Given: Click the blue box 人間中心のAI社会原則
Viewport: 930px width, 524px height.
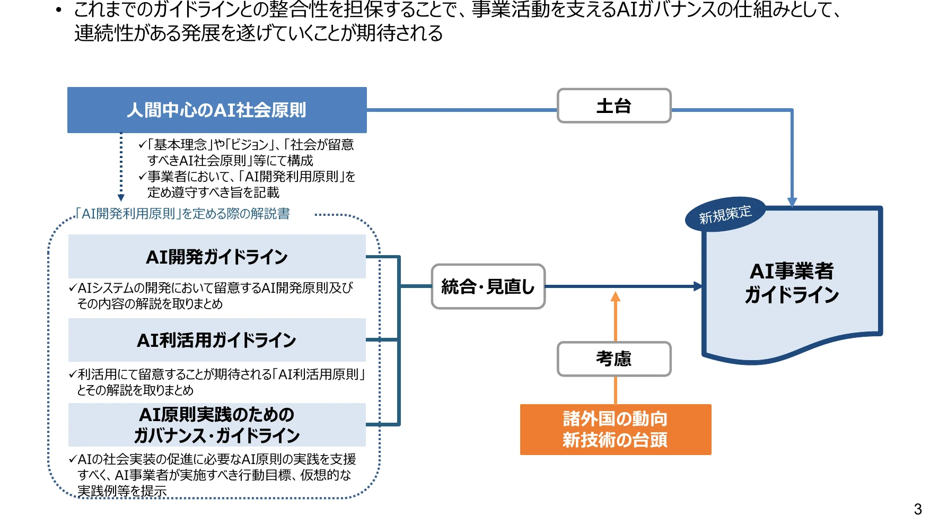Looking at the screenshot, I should pyautogui.click(x=217, y=110).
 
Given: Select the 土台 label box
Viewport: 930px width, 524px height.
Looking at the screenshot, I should pyautogui.click(x=614, y=106).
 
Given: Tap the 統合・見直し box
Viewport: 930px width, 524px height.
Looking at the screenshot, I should pyautogui.click(x=488, y=286).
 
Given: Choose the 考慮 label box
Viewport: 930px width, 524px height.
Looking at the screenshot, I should pyautogui.click(x=614, y=359).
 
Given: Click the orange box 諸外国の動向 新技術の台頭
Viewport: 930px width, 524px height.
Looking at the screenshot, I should pyautogui.click(x=615, y=430).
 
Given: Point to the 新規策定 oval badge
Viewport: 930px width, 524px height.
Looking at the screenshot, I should pyautogui.click(x=725, y=215).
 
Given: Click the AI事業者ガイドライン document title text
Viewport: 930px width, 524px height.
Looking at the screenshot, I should pyautogui.click(x=792, y=283).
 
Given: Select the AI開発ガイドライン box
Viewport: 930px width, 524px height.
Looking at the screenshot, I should pyautogui.click(x=217, y=257).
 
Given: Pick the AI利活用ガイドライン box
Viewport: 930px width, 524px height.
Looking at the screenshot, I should pyautogui.click(x=217, y=340).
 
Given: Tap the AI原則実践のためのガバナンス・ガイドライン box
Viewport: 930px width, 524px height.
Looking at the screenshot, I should pyautogui.click(x=217, y=425).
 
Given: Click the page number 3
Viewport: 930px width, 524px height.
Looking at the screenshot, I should pyautogui.click(x=918, y=509).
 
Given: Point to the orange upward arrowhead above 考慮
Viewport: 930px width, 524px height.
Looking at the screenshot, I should pyautogui.click(x=615, y=296).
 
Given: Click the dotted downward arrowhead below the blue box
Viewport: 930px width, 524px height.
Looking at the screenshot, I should pyautogui.click(x=121, y=197).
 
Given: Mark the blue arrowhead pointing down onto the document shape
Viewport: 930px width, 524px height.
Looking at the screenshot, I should pyautogui.click(x=792, y=202).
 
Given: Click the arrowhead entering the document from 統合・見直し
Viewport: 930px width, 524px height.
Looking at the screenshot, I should pyautogui.click(x=698, y=286).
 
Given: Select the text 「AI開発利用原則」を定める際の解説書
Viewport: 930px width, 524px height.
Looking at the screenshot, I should pyautogui.click(x=182, y=214).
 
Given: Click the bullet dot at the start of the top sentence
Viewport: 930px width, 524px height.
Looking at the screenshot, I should pyautogui.click(x=59, y=10).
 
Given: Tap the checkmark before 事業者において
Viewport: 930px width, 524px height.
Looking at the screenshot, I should pyautogui.click(x=142, y=177).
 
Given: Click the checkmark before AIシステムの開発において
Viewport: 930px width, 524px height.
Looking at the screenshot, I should pyautogui.click(x=73, y=288).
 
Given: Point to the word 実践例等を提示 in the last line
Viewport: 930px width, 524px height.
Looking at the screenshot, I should pyautogui.click(x=122, y=491).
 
